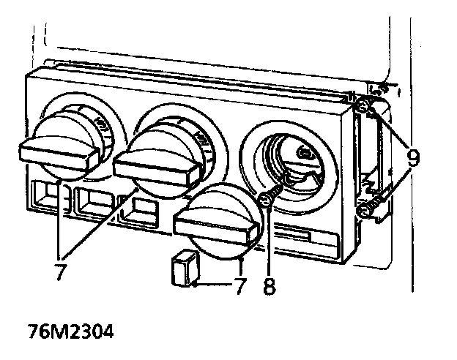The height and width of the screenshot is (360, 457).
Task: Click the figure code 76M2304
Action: coord(71,331)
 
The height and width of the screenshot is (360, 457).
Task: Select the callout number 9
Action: coord(415,156)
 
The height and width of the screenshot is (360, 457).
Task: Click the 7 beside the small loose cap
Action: coord(239,285)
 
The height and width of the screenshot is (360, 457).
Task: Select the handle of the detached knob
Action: coord(215,228)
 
